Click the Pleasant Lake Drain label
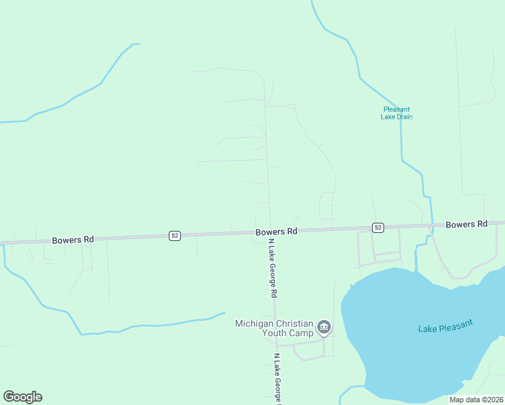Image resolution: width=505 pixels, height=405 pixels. [396, 113]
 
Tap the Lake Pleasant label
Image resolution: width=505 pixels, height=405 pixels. [445, 325]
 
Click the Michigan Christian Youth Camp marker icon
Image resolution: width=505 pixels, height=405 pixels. [324, 328]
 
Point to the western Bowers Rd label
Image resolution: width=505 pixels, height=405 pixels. [73, 240]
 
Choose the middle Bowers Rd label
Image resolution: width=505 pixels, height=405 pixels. [276, 232]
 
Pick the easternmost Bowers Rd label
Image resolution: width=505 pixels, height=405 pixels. [466, 224]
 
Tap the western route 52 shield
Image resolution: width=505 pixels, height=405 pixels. [175, 236]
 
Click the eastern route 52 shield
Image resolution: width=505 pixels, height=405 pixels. [377, 227]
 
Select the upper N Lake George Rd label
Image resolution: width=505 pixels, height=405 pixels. [273, 269]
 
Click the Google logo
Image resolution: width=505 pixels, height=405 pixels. [22, 397]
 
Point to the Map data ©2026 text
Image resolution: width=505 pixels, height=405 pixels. [477, 400]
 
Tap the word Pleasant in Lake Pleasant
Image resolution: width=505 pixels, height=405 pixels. [456, 323]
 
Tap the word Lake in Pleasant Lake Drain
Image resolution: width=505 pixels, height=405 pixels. [389, 117]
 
